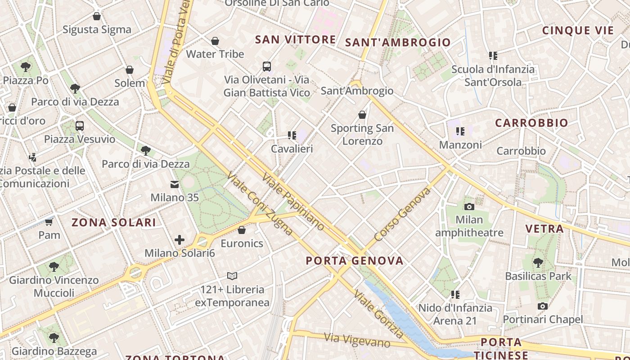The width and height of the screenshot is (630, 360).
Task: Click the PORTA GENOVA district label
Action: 355,261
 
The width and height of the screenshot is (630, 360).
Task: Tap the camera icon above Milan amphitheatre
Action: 469,207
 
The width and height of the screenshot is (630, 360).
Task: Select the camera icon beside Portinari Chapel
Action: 543,306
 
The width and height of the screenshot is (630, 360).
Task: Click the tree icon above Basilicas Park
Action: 538,262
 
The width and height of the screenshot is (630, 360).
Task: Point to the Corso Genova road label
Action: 402,215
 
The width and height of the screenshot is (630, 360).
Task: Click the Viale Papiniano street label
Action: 292,202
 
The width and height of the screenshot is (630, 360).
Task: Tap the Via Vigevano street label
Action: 357,340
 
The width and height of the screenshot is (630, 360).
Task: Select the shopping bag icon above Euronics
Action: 242,230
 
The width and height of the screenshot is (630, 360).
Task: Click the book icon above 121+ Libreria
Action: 232,276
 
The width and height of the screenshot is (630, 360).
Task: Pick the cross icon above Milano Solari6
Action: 180,240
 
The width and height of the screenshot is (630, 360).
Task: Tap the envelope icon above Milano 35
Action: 174,184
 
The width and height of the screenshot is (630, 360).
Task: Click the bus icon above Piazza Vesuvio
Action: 80,126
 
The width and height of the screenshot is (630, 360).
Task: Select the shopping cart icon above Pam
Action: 49,222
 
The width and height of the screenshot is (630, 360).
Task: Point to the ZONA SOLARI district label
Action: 114,222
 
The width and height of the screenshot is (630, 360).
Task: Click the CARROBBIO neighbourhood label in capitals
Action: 531,123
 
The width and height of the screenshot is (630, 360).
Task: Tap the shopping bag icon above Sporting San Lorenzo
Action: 362,115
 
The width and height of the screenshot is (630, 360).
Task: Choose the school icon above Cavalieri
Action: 292,135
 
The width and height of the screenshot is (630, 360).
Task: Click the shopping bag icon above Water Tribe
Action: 215,41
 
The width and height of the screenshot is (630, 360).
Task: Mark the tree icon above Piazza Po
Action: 26,67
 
